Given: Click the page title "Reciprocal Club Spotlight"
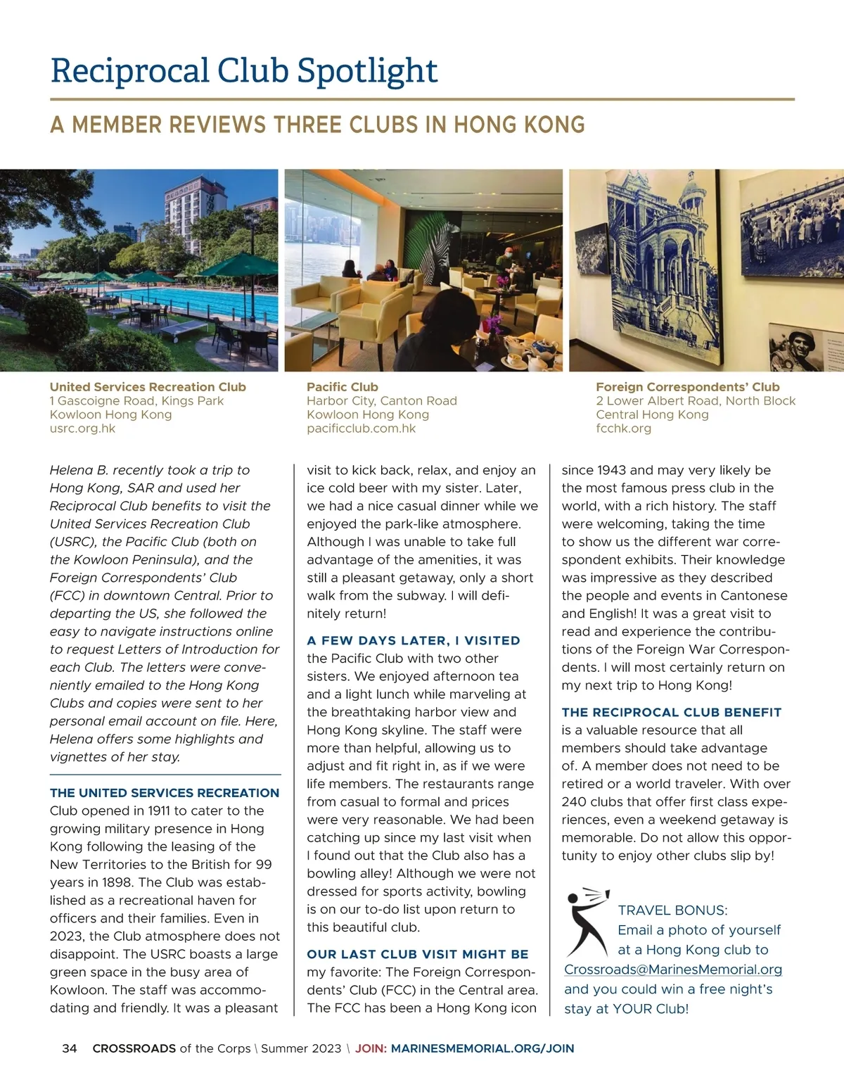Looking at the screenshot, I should [x=244, y=71].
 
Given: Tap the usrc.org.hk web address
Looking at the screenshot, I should [x=82, y=428].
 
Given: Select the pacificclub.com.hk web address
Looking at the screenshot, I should [x=361, y=428].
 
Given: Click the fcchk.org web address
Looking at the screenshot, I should [x=623, y=428].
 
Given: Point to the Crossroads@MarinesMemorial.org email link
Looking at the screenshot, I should [x=672, y=970].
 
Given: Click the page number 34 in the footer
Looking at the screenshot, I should [x=70, y=1048].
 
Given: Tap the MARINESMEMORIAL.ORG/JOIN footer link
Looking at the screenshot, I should [x=482, y=1048].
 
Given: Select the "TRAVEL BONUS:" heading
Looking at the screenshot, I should [x=672, y=910].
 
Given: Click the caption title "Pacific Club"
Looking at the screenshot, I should [x=343, y=387].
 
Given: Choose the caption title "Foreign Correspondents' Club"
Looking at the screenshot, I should [x=687, y=387].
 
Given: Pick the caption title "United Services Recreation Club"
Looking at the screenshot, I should [x=148, y=387].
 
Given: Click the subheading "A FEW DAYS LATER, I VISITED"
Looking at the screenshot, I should [x=414, y=640].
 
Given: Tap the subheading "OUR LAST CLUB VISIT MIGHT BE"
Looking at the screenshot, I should [x=417, y=954].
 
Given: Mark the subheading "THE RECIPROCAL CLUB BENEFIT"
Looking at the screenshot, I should [x=671, y=712].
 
